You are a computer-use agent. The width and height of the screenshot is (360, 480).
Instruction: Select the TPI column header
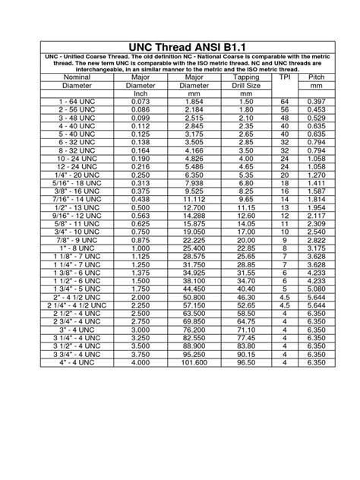(x=285, y=77)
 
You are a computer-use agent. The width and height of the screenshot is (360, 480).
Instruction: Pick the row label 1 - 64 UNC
(x=76, y=102)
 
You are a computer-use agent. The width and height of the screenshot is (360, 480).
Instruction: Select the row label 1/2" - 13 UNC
(x=76, y=207)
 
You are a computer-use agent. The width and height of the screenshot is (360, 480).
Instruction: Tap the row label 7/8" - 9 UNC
(x=76, y=239)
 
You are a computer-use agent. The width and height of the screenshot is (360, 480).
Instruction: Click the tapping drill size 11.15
(x=245, y=207)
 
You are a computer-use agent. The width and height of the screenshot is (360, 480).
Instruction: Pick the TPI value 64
(x=285, y=102)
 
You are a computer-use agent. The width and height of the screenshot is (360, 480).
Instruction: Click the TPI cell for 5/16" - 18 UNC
(x=285, y=183)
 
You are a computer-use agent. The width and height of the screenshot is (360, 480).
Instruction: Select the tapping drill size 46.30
(x=245, y=298)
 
